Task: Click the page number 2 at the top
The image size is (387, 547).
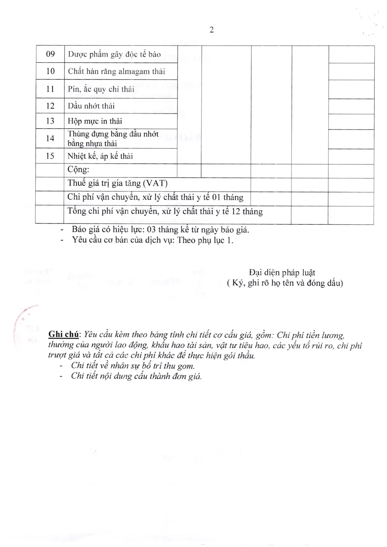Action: pyautogui.click(x=212, y=30)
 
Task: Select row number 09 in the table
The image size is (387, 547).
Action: pyautogui.click(x=50, y=54)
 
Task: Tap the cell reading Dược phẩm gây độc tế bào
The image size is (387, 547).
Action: pyautogui.click(x=114, y=54)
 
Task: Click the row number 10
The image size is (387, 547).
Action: pyautogui.click(x=50, y=71)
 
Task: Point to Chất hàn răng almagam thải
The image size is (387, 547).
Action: pyautogui.click(x=116, y=71)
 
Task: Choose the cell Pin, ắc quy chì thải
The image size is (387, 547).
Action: pyautogui.click(x=101, y=89)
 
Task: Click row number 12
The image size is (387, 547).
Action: pyautogui.click(x=50, y=106)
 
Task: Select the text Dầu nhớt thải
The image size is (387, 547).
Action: pyautogui.click(x=91, y=106)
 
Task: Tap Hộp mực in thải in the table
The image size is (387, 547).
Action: pyautogui.click(x=95, y=121)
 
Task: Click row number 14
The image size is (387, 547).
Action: pyautogui.click(x=50, y=138)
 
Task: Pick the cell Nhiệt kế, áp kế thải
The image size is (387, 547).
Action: pyautogui.click(x=100, y=156)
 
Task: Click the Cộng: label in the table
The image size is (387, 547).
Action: pyautogui.click(x=78, y=169)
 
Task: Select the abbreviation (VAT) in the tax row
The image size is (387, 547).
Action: pyautogui.click(x=155, y=183)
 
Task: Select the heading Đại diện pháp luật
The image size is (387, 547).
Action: pyautogui.click(x=282, y=273)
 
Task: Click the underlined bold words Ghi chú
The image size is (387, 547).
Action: pyautogui.click(x=64, y=334)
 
